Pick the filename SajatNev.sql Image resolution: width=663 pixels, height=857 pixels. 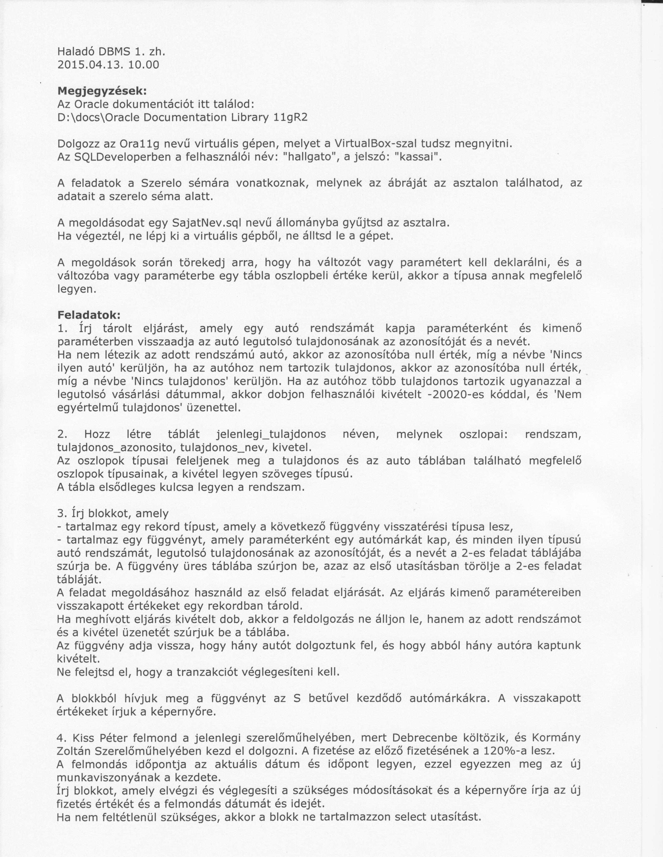coord(203,223)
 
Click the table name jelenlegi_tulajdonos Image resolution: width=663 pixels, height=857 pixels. coord(271,434)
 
